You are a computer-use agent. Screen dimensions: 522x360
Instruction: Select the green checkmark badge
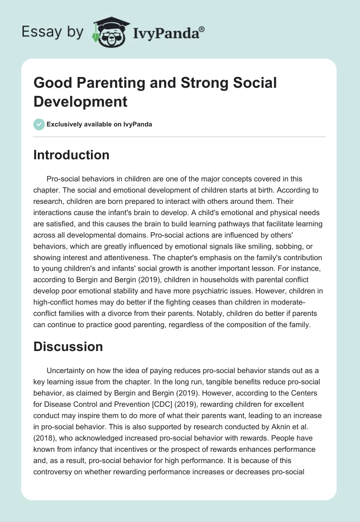pyautogui.click(x=39, y=124)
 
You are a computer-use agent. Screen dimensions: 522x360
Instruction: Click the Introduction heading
pyautogui.click(x=71, y=155)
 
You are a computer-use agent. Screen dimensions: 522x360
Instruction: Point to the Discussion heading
pyautogui.click(x=68, y=346)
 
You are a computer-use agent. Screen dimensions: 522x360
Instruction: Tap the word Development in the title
pyautogui.click(x=81, y=102)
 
